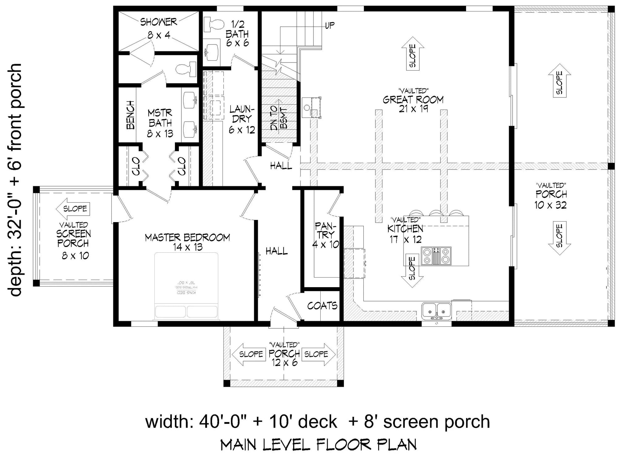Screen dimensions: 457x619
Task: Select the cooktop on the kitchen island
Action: (436, 256)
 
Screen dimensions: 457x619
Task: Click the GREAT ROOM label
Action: (413, 100)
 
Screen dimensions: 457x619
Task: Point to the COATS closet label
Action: (322, 306)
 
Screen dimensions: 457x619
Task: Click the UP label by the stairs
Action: (330, 25)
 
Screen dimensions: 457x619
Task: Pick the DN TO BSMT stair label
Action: (279, 119)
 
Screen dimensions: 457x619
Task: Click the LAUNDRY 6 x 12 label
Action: (242, 119)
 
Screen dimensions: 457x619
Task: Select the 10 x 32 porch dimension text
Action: (550, 205)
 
